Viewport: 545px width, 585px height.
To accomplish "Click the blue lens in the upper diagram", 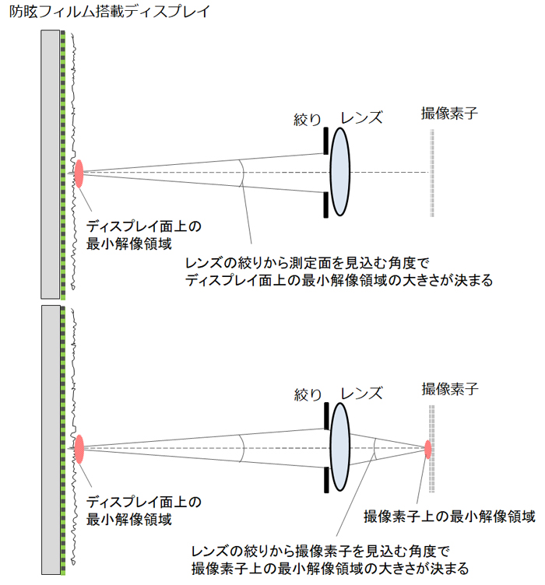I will click(x=340, y=172).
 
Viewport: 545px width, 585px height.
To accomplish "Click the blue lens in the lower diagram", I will click(x=340, y=448).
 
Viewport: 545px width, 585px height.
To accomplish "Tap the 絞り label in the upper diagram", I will click(x=308, y=119).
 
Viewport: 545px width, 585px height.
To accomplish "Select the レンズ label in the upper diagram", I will click(x=363, y=118).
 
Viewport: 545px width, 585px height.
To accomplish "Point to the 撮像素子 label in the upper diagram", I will click(x=448, y=114).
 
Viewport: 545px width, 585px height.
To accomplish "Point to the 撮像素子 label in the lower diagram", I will click(x=448, y=388).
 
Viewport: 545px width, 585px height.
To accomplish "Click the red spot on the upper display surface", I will click(x=79, y=173).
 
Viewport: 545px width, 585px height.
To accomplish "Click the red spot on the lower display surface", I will click(x=79, y=449).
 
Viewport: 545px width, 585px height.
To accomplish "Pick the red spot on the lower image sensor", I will click(x=427, y=448).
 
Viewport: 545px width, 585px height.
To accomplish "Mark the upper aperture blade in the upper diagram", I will click(x=325, y=142).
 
